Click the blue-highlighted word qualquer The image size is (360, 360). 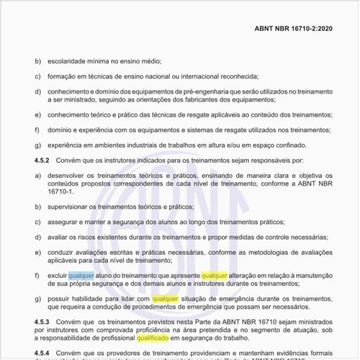81,274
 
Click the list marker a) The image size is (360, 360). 37,176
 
